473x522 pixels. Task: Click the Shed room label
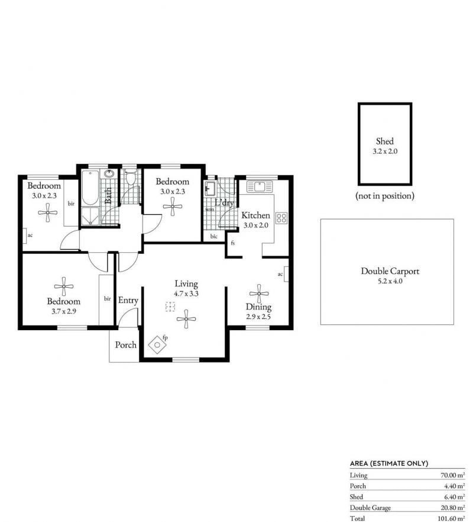tap(385, 141)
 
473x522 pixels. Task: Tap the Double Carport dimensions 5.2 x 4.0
tap(390, 281)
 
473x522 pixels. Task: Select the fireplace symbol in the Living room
tap(157, 345)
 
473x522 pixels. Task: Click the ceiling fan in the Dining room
tap(259, 294)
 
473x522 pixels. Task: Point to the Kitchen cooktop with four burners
tap(281, 218)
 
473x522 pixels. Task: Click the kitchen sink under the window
tap(260, 186)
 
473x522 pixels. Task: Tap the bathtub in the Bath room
tap(90, 188)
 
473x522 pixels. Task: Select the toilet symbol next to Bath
tap(131, 178)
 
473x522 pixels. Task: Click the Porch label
tap(126, 345)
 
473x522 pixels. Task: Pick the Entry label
tap(128, 300)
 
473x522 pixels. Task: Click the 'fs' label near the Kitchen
tap(232, 243)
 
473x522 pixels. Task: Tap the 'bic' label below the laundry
tap(214, 236)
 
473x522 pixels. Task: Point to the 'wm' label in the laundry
tap(209, 210)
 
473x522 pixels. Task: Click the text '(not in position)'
tap(385, 196)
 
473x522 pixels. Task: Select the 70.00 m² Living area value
tap(452, 475)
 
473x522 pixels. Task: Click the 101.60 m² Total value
tap(451, 518)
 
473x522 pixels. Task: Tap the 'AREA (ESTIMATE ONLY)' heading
tap(389, 463)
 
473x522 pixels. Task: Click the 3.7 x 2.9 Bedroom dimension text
tap(63, 311)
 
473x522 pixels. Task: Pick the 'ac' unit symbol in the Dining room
tap(286, 274)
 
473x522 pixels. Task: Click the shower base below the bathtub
tap(90, 215)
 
